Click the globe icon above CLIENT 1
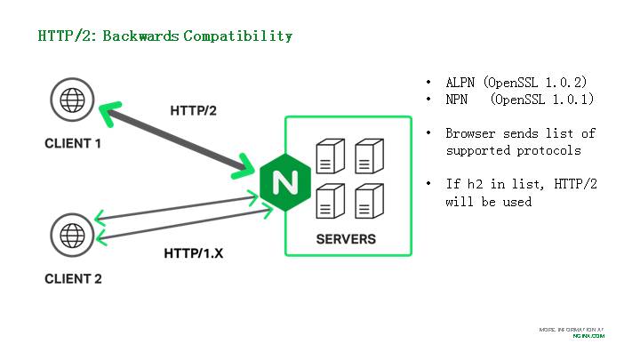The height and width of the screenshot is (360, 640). coord(71,100)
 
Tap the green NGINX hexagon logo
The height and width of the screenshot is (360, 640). coord(285,183)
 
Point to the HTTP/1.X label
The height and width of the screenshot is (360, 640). coord(193,253)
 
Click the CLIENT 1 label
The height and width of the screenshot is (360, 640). coord(73,144)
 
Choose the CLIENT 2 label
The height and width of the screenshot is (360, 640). coord(73,279)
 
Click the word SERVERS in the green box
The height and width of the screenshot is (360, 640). coord(346,239)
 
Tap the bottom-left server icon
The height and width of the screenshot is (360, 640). coord(328,201)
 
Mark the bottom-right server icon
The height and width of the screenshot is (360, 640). coord(368,201)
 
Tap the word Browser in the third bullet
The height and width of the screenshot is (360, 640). coord(471,133)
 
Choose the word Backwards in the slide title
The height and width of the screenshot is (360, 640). coord(143,36)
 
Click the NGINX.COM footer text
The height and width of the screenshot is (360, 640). coord(588,336)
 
